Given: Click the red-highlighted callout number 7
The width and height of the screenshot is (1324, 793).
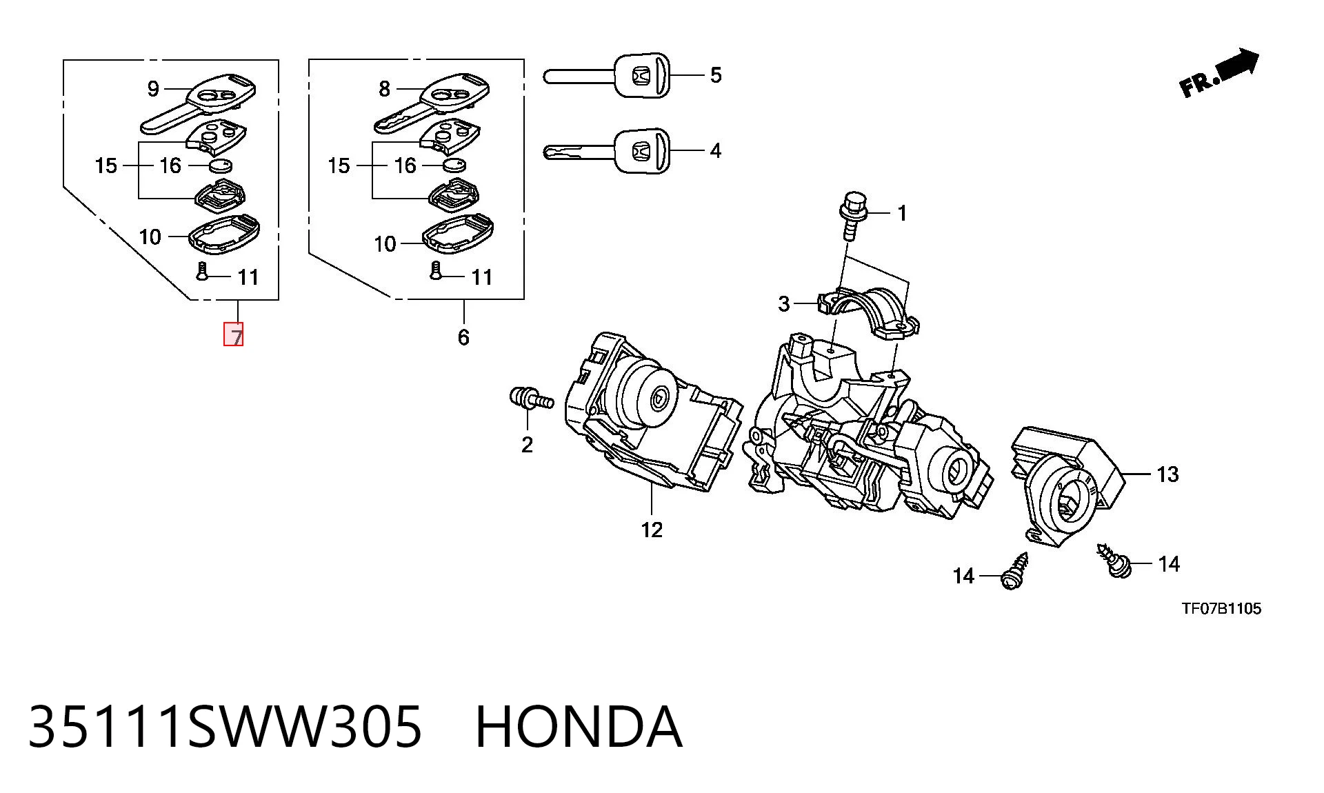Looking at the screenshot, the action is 233,334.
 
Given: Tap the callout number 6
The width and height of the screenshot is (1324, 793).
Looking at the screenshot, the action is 463,337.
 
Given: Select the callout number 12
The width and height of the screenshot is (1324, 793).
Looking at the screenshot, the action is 652,530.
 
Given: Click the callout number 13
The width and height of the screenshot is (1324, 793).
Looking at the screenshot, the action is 1167,474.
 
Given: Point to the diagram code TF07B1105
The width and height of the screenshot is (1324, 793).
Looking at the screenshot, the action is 1221,608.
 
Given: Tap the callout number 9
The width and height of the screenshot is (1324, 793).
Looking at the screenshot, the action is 153,88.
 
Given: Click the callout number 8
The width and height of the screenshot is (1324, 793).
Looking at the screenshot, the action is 384,88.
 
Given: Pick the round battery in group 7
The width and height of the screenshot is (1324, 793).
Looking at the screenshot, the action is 221,165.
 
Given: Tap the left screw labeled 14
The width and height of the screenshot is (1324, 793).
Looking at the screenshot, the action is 1014,572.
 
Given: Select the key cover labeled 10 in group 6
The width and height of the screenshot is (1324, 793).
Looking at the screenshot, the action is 458,235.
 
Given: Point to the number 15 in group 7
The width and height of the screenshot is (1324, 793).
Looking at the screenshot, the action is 106,165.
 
